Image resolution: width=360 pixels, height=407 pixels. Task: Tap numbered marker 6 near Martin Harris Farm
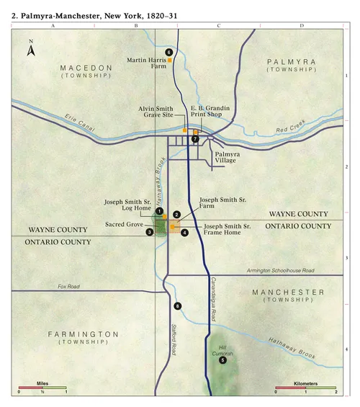click(169, 52)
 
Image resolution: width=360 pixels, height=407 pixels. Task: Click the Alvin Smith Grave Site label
click(162, 112)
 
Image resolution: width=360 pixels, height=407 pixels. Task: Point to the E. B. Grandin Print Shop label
click(210, 112)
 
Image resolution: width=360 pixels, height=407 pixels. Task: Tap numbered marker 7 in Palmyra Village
click(194, 139)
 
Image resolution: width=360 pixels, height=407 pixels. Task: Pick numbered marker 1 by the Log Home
click(159, 210)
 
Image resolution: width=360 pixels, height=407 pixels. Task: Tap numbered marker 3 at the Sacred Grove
click(149, 232)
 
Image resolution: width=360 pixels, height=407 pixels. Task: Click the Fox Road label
click(68, 287)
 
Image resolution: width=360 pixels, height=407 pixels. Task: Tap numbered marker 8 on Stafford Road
click(178, 307)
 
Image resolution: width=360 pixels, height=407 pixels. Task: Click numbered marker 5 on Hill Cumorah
click(222, 360)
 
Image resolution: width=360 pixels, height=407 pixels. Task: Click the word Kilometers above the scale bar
click(305, 384)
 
